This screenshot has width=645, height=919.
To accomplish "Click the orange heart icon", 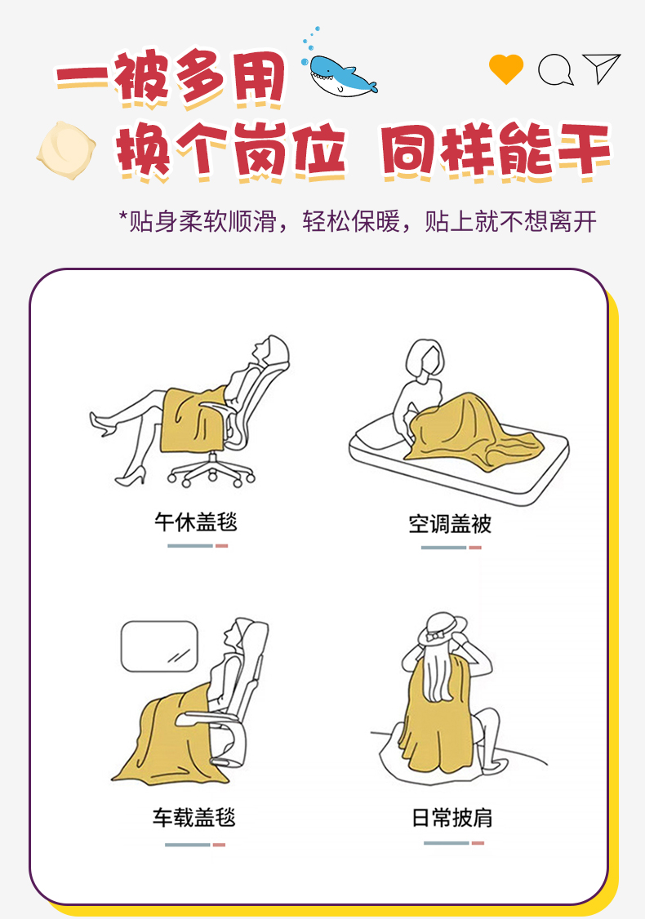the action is [506, 69].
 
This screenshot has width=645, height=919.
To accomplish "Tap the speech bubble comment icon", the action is [555, 69].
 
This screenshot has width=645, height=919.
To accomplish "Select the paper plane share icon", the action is [601, 69].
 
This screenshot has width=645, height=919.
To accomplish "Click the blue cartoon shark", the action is [342, 76].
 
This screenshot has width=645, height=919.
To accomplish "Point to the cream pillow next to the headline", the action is [66, 150].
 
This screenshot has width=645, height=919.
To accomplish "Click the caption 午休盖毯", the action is [196, 522].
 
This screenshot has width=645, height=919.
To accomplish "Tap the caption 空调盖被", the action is [450, 523].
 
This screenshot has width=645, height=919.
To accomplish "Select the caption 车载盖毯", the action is [194, 817].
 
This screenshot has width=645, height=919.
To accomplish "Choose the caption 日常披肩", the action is [452, 817].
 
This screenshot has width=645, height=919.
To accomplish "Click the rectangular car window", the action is [159, 646].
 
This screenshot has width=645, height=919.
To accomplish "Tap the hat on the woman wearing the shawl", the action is [443, 629].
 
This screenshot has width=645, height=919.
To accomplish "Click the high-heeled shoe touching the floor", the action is [130, 477].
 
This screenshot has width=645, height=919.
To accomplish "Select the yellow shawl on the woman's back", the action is [437, 713].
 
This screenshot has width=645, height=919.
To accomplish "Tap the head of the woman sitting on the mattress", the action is [425, 357].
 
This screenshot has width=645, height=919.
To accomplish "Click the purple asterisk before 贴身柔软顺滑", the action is [123, 215].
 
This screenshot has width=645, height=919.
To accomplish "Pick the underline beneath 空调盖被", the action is [451, 548].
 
